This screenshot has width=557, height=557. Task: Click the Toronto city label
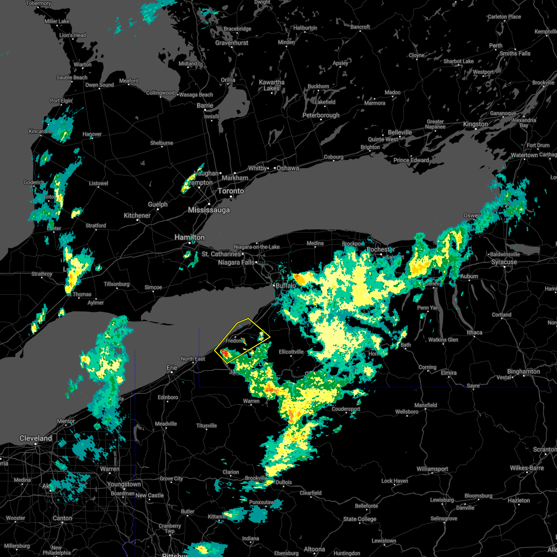click(231, 191)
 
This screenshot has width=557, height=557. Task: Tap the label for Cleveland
click(36, 438)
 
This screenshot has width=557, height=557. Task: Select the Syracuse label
click(504, 262)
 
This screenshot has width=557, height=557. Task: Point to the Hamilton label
click(189, 237)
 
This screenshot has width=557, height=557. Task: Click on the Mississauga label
click(209, 210)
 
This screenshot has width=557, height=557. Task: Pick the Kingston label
click(475, 124)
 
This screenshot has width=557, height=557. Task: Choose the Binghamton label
click(524, 372)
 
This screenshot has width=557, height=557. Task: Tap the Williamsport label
click(432, 469)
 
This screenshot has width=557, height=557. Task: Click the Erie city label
click(172, 368)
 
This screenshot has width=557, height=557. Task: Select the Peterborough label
click(321, 115)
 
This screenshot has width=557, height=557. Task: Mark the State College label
click(360, 519)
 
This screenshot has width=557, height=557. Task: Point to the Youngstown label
click(124, 485)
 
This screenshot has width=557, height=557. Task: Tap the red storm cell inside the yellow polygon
click(224, 354)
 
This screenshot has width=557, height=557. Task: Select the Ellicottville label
click(291, 352)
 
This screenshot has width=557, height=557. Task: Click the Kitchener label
click(137, 215)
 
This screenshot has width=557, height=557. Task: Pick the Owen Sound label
click(99, 85)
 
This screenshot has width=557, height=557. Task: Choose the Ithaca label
click(474, 333)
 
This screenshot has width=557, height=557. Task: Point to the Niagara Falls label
click(236, 263)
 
